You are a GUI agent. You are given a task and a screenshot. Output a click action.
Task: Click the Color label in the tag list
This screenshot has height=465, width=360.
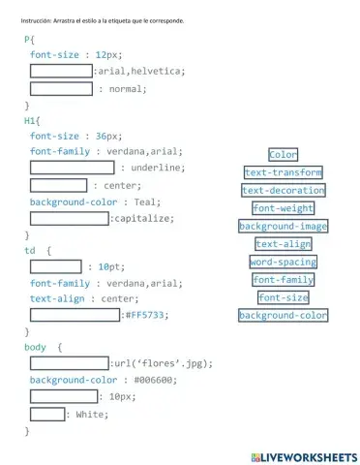pos(283,155)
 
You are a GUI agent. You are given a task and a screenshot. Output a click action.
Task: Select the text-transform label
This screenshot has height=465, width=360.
pos(283,172)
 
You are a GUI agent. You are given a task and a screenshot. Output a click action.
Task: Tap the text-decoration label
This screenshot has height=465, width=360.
pos(283,191)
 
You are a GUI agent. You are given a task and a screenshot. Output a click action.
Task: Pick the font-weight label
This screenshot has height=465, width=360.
pos(283,208)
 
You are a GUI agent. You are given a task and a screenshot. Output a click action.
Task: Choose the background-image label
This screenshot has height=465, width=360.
pos(283,227)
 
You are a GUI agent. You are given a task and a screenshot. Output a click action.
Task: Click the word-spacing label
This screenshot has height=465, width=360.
pos(283,262)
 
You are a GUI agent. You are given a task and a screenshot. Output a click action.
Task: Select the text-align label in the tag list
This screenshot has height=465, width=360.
pos(283,244)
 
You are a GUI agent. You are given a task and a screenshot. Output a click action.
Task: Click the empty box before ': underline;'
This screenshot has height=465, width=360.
pos(71,168)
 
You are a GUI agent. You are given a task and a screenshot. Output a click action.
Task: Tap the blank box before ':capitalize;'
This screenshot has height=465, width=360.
pos(69,219)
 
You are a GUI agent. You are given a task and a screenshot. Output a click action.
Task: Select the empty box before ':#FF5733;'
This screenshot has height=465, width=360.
pos(75,314)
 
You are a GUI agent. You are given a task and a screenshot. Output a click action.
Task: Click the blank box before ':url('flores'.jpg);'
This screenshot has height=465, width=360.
pos(69,363)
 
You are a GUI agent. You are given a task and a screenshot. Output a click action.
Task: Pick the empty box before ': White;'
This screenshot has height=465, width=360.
pos(46,415)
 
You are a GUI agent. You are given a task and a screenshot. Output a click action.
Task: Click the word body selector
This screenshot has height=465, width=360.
pos(35,346)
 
